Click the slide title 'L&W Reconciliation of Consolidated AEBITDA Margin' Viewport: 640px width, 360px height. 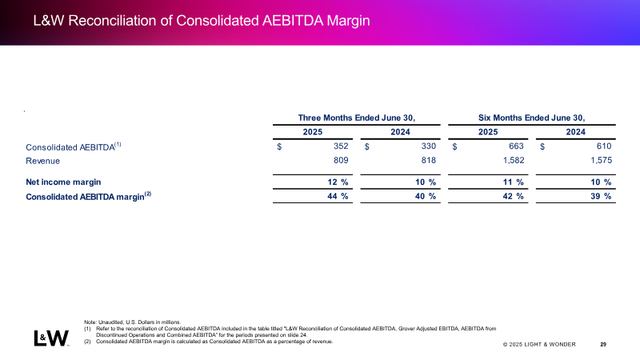click(x=202, y=21)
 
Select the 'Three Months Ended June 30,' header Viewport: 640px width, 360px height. click(x=357, y=118)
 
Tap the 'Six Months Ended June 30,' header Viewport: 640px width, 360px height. click(x=532, y=118)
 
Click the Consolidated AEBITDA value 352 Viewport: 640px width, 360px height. click(x=341, y=146)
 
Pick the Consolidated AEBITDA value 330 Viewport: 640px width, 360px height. click(x=429, y=146)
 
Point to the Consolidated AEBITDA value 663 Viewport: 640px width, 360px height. click(x=516, y=146)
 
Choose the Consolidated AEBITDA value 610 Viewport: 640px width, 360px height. click(x=604, y=146)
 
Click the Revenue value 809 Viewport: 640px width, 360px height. click(x=341, y=161)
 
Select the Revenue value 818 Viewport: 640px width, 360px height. click(x=429, y=161)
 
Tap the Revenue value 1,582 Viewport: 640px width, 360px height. click(x=514, y=161)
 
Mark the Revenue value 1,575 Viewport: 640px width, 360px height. click(x=602, y=161)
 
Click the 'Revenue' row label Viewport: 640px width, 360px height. click(x=43, y=161)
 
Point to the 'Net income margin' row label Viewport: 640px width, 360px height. click(x=63, y=182)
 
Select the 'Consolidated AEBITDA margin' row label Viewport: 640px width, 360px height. click(x=88, y=196)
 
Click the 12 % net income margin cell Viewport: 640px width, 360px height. click(x=338, y=182)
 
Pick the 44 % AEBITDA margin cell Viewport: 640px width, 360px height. click(x=338, y=196)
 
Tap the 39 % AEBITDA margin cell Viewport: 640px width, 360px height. click(x=601, y=196)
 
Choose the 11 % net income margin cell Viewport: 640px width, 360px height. click(x=513, y=182)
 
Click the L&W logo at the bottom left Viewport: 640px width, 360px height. click(x=51, y=338)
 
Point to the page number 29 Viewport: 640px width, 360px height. click(x=603, y=345)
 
